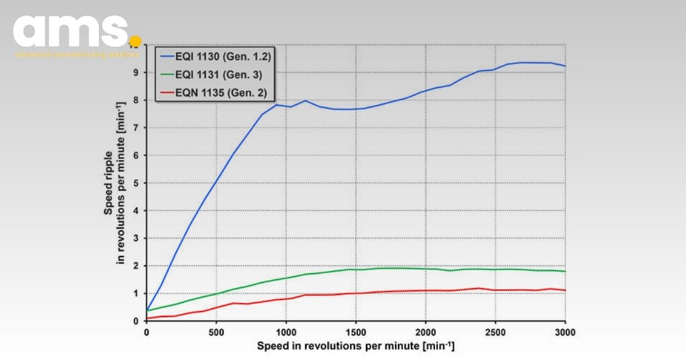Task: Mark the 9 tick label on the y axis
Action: (137, 73)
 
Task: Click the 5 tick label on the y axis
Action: (137, 183)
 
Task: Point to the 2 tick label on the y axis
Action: (137, 266)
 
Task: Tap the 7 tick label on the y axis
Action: (137, 127)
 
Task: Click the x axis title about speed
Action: (356, 346)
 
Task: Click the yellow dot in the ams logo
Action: (135, 41)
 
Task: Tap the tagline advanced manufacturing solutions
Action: (77, 55)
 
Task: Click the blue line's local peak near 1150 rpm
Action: (305, 101)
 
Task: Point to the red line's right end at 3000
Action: (565, 290)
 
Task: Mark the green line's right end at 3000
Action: (565, 271)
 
